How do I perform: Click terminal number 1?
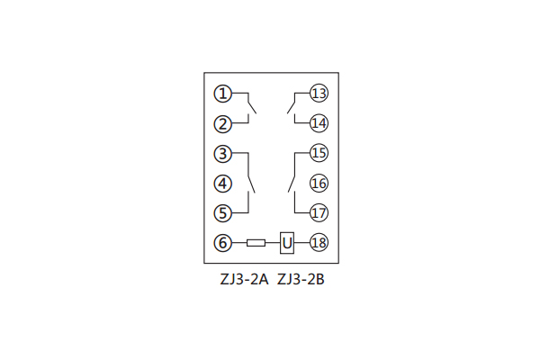[x=223, y=94]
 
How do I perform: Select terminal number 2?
[x=223, y=124]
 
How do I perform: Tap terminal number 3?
[x=223, y=154]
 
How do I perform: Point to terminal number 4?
[x=223, y=184]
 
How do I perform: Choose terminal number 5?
[x=223, y=213]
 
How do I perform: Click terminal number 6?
[x=223, y=243]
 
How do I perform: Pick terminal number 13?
[x=319, y=93]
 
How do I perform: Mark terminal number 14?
[x=319, y=123]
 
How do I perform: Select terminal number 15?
[x=319, y=153]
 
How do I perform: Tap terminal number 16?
[x=319, y=183]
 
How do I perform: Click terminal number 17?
[x=319, y=212]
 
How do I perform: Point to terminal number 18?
[x=319, y=242]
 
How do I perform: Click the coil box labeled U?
[x=287, y=243]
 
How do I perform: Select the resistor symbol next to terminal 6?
[x=256, y=243]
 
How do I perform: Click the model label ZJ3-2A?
[x=244, y=279]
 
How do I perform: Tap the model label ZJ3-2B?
[x=301, y=279]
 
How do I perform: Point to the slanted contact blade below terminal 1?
[x=252, y=108]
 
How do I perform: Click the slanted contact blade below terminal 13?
[x=291, y=108]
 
